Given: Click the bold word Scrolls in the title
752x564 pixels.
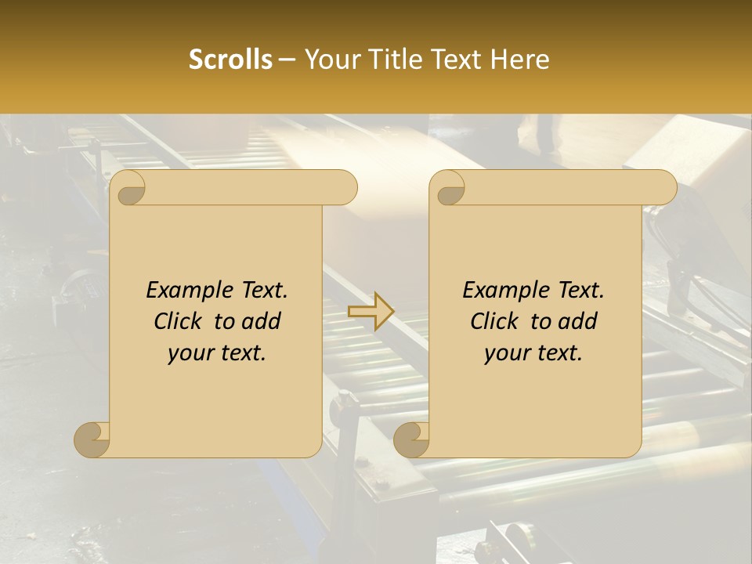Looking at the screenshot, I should click(x=230, y=60).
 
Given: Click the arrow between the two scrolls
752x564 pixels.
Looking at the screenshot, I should click(x=372, y=312).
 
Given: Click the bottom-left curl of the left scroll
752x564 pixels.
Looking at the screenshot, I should click(x=92, y=439).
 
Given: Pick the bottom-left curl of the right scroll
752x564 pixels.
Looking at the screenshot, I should click(x=412, y=439).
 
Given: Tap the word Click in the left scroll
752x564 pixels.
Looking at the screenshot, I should click(x=177, y=321).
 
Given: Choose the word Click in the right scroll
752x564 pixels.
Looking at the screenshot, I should click(x=493, y=321).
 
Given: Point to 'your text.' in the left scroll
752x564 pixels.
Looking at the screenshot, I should click(x=217, y=353).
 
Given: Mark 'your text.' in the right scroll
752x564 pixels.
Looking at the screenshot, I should click(x=533, y=353).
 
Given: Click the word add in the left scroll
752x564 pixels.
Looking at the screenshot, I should click(x=261, y=321).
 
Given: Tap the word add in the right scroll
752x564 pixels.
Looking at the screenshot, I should click(x=577, y=321).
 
